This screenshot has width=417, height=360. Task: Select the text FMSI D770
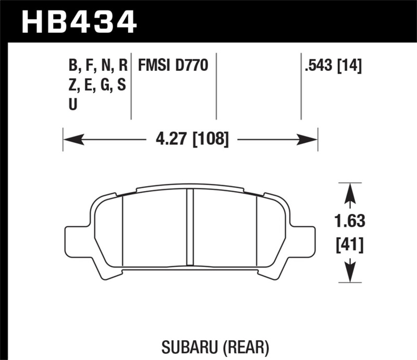(173, 66)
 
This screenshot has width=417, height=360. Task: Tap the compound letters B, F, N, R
(97, 66)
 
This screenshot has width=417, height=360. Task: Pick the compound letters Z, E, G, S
(97, 85)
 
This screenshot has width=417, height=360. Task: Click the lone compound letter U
(73, 104)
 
